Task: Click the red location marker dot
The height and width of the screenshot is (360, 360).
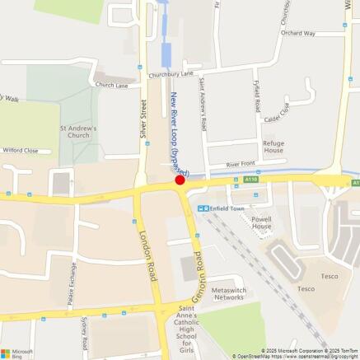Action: tap(180, 180)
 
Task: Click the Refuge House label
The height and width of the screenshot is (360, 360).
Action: tap(274, 147)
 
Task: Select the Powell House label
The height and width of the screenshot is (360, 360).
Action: tap(261, 222)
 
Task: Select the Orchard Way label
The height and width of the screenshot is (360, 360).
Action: tap(298, 34)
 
